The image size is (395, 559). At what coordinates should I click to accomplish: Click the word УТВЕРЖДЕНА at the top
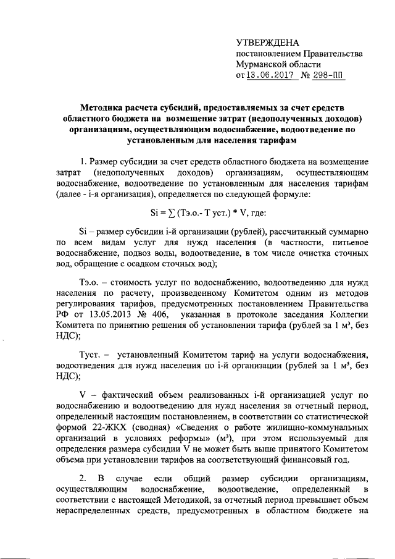(x=267, y=42)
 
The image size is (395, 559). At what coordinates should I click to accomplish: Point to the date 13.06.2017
(x=271, y=75)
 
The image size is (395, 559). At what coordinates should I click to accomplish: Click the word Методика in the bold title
(x=107, y=107)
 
